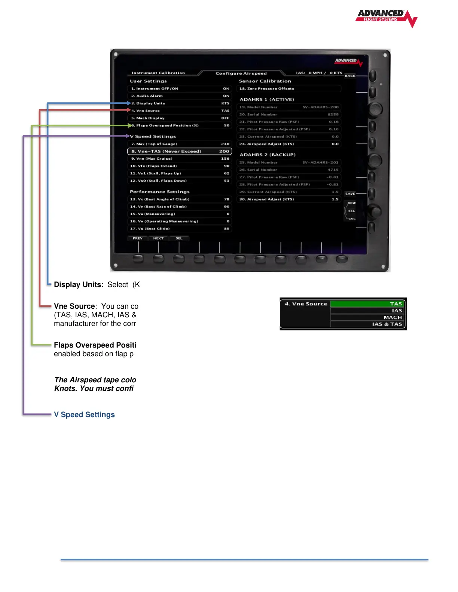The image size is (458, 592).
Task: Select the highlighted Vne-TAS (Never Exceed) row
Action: [x=180, y=151]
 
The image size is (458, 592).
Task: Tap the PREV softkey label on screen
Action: [x=138, y=238]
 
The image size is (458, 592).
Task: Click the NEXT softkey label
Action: [x=158, y=238]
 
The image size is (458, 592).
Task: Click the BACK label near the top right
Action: [x=350, y=76]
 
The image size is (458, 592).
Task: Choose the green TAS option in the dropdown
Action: [x=367, y=304]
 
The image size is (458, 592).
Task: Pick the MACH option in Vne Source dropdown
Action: [x=367, y=317]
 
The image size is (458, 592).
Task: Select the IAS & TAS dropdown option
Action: [x=367, y=324]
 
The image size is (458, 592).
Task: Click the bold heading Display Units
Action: [x=77, y=285]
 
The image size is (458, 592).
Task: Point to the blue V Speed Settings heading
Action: [x=84, y=414]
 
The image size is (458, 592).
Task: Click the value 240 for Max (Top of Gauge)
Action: [x=225, y=144]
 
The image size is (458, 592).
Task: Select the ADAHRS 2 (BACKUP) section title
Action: [x=268, y=155]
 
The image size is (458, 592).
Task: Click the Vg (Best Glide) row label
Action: [x=150, y=229]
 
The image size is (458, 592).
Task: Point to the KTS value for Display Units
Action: [x=225, y=104]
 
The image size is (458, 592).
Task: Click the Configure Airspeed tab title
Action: [x=241, y=73]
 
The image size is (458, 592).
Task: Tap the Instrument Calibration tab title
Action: [x=158, y=73]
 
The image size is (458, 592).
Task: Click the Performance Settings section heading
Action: [x=160, y=192]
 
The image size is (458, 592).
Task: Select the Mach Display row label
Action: [x=148, y=118]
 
